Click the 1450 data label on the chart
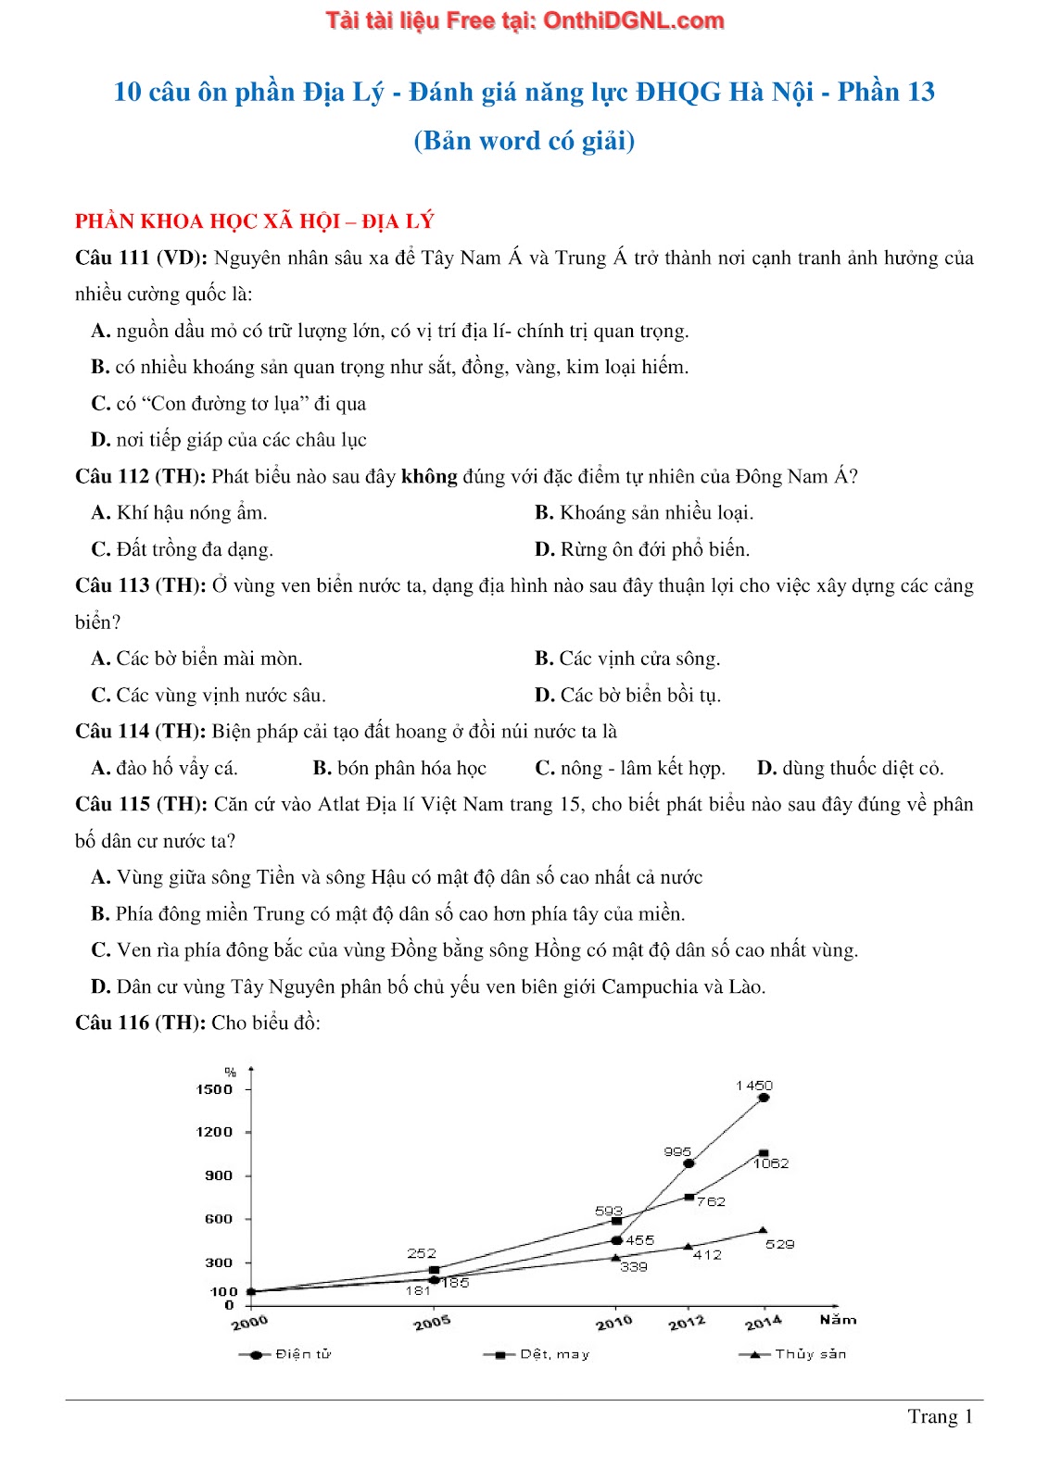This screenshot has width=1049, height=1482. coord(753,1086)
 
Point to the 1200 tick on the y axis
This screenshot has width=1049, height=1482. coord(214,1132)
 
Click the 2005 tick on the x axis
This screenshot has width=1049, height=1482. coord(432,1323)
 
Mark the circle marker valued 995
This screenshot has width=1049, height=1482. coord(689,1163)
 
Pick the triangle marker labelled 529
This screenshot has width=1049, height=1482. coord(763,1230)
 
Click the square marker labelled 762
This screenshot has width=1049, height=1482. coord(689,1197)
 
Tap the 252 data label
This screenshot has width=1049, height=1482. coord(422,1253)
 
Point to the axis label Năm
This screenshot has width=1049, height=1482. coord(838,1320)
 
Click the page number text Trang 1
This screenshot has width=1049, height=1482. coord(940,1416)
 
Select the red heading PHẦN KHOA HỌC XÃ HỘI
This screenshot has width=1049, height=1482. coord(254,221)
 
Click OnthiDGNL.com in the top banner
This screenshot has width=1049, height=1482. coord(633,20)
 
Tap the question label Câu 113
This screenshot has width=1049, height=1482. coord(112,585)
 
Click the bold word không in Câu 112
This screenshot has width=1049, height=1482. coord(429,476)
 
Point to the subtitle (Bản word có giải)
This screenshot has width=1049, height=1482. coord(524,141)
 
